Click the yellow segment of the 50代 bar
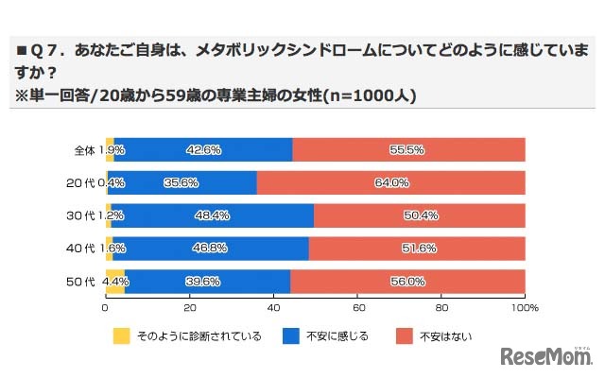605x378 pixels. click(x=114, y=281)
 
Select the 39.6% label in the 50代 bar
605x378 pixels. click(x=204, y=281)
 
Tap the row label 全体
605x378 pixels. click(x=84, y=150)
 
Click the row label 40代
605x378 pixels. click(x=84, y=249)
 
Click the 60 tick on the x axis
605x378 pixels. click(x=357, y=308)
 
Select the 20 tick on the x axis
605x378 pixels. click(x=190, y=308)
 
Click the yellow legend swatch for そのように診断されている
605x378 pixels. click(x=121, y=335)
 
